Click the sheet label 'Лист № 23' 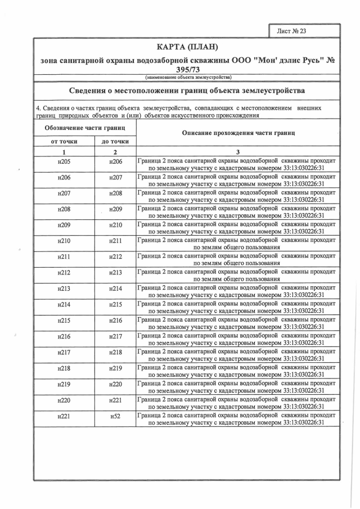[292, 31]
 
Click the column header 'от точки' [64, 141]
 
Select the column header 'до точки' [115, 141]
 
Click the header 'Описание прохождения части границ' [237, 133]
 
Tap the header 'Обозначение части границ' [85, 129]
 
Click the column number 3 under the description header [237, 152]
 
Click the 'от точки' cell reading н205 [64, 162]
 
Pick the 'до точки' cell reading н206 [115, 162]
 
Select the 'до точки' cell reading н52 [115, 416]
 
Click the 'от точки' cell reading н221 [64, 416]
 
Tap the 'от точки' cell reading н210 [64, 241]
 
